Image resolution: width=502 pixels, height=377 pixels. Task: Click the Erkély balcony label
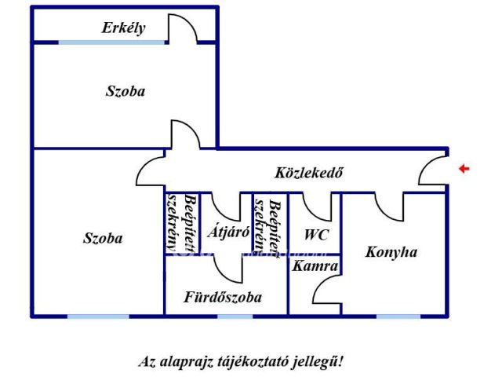pyautogui.click(x=123, y=27)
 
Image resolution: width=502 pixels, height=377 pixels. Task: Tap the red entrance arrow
pyautogui.click(x=464, y=168)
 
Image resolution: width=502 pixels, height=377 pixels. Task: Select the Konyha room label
pyautogui.click(x=391, y=252)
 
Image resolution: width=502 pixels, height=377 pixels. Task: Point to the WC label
pyautogui.click(x=316, y=234)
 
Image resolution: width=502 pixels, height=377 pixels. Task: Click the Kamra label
pyautogui.click(x=315, y=267)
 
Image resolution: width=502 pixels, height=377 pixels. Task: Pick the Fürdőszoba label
pyautogui.click(x=223, y=298)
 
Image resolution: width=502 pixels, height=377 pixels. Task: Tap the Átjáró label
pyautogui.click(x=227, y=232)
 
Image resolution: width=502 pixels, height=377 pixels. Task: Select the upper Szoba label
pyautogui.click(x=125, y=91)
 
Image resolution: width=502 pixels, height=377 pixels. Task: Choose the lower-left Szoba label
pyautogui.click(x=103, y=238)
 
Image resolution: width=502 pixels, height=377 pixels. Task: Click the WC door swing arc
pyautogui.click(x=318, y=207)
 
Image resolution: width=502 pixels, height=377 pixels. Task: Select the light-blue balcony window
pyautogui.click(x=112, y=42)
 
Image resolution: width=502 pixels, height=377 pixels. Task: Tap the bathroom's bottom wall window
pyautogui.click(x=235, y=316)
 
